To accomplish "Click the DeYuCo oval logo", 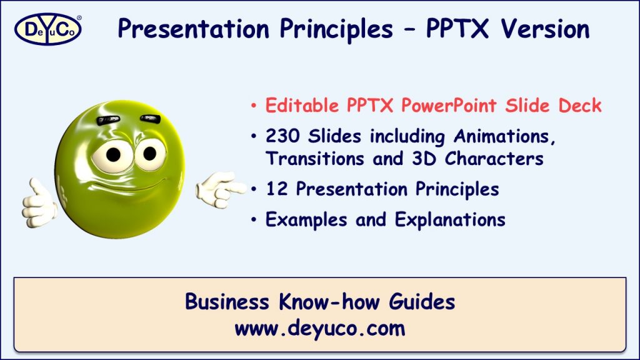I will (x=47, y=29).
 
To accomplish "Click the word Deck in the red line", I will (x=579, y=106).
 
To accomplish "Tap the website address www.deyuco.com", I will (x=320, y=328).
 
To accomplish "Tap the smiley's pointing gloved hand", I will (x=218, y=188).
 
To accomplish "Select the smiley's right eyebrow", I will (x=151, y=118).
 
